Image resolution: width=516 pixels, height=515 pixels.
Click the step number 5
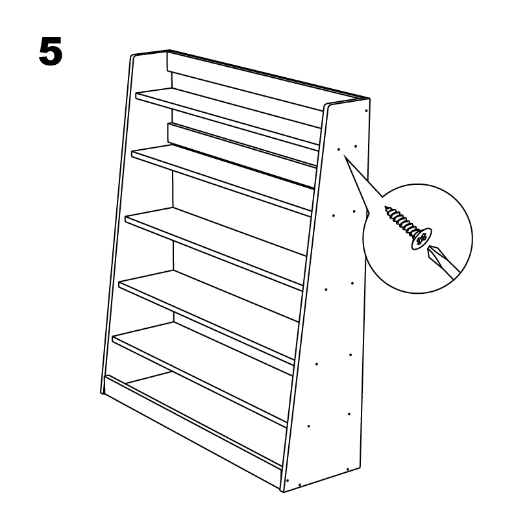[51, 51]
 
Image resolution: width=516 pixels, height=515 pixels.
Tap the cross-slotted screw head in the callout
[421, 238]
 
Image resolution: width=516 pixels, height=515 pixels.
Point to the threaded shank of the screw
[399, 221]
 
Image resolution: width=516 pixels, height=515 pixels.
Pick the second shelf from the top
[222, 167]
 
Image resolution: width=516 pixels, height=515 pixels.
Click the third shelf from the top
[215, 231]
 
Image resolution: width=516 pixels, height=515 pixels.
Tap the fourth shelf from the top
[209, 295]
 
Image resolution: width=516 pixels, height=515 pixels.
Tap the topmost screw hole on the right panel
[366, 111]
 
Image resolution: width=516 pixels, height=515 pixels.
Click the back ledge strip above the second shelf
[243, 145]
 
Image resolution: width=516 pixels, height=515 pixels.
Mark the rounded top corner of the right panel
[327, 106]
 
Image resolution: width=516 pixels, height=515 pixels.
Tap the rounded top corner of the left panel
[133, 56]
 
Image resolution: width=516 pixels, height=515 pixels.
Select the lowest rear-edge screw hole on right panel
[347, 469]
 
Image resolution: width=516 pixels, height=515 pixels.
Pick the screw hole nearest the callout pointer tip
[339, 149]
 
